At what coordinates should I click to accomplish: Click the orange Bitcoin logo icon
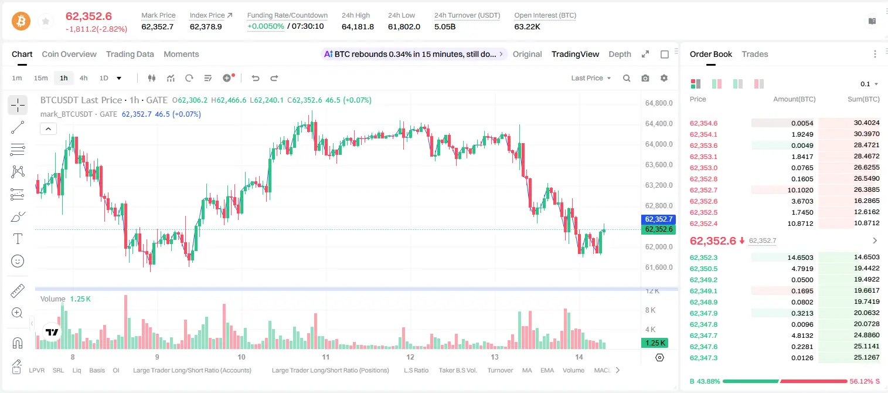21,21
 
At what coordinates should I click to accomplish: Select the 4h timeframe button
83,78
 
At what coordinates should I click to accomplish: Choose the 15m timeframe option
40,78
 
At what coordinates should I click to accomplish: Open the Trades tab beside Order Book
755,55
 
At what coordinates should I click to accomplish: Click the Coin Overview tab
69,55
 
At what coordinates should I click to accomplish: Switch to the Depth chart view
620,55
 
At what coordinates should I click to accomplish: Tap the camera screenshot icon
645,78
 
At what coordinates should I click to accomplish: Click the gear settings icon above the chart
664,78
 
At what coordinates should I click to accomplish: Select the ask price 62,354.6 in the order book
704,123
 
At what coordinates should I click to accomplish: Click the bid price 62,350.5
704,269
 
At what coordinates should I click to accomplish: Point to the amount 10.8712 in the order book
800,223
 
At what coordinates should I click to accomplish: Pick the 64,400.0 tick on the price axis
659,124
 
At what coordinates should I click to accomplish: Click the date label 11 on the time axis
325,357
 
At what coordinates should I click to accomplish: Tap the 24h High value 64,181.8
358,26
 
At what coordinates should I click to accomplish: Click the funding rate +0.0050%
266,26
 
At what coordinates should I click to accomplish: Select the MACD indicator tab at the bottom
602,370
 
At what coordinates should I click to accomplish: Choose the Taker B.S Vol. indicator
457,370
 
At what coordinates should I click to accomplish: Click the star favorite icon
46,21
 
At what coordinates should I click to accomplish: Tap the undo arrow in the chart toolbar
256,78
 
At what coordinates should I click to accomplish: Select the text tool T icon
18,239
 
